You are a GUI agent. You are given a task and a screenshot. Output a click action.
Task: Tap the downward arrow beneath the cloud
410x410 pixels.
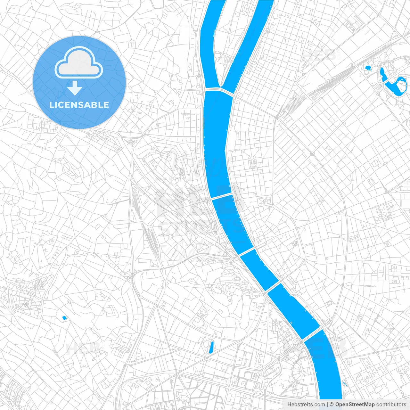point(75,88)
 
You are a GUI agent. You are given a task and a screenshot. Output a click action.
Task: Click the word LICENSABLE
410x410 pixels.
point(79,105)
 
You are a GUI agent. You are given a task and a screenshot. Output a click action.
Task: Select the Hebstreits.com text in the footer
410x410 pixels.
point(306,405)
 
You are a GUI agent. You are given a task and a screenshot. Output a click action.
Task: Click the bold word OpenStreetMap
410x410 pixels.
point(355,405)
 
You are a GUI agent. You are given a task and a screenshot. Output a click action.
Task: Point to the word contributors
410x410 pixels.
point(391,405)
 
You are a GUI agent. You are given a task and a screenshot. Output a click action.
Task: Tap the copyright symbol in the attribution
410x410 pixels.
point(332,405)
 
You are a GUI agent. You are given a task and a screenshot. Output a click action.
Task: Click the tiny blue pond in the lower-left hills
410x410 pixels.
point(64,318)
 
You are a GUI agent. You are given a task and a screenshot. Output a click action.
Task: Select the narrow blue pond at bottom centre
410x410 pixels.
point(211,348)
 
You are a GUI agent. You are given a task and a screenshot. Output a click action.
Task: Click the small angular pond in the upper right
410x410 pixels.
point(367,68)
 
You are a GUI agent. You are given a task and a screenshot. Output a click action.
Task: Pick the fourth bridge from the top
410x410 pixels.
point(273,287)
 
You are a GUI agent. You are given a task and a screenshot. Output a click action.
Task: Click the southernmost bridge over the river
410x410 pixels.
point(311,334)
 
